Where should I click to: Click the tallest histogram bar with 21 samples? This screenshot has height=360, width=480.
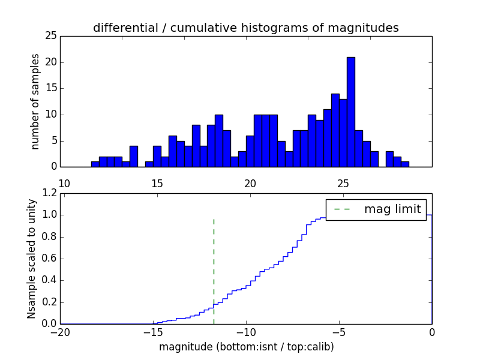[x=350, y=112]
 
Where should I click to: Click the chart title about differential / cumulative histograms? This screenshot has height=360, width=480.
[x=245, y=28]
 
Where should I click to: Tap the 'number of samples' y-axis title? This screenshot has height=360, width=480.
[x=35, y=101]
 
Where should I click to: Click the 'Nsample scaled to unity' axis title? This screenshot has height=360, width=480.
[x=32, y=258]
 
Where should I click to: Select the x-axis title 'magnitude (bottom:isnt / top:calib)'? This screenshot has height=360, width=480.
[x=246, y=347]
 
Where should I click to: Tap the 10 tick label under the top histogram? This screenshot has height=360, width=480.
[x=65, y=183]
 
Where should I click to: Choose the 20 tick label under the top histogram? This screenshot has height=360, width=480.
[x=250, y=183]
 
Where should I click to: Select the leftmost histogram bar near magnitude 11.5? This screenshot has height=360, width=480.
[x=95, y=164]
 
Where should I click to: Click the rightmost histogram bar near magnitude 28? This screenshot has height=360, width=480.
[x=405, y=164]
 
